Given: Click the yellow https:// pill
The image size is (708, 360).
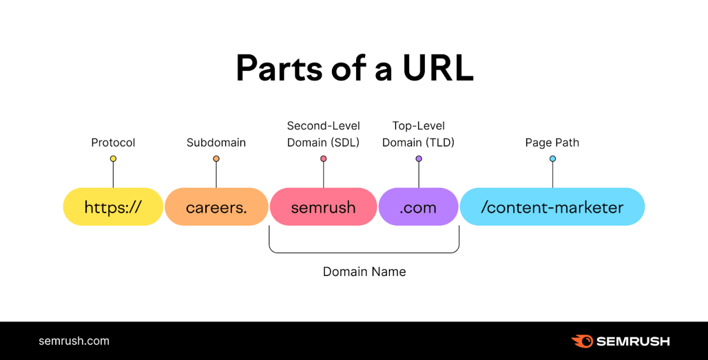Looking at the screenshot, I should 113,207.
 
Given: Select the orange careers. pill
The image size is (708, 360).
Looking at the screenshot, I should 216,207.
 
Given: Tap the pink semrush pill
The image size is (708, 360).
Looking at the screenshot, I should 323,207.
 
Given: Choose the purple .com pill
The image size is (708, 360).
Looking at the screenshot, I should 418,207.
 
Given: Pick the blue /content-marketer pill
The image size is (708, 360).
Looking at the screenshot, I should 552,207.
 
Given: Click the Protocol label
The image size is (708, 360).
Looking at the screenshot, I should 113,143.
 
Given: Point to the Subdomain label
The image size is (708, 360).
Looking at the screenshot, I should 216,143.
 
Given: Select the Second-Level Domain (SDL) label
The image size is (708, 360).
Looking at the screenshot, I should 323,134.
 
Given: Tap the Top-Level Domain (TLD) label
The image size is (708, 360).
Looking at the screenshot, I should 418,134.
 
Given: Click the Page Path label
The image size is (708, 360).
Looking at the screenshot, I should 552,143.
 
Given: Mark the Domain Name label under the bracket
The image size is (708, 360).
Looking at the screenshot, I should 364,272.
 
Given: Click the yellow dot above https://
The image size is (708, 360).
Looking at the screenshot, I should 113,159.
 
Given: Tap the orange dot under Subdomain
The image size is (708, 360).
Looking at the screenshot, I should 216,159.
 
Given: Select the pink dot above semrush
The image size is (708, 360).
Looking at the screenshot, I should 324,159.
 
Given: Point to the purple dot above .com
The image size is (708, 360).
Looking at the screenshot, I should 419,159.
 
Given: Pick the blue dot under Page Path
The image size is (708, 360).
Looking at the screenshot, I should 553,159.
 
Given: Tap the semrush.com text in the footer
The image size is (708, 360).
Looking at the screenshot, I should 74,341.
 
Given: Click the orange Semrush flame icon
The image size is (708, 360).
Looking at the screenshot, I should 582,341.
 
